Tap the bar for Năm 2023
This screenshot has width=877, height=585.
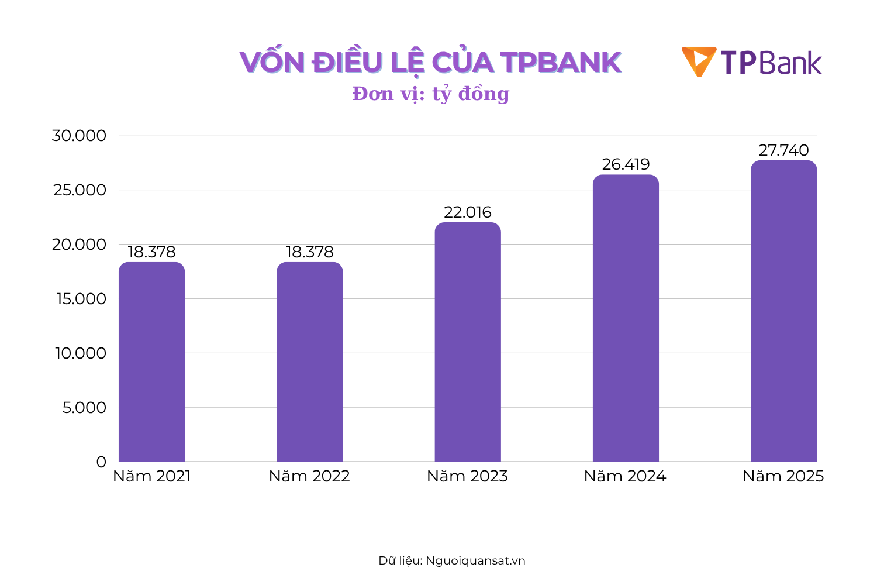point(468,342)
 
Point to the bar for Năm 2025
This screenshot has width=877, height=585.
point(783,311)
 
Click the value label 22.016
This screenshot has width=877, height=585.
point(468,212)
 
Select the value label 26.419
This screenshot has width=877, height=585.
point(626,164)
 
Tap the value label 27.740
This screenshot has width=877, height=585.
point(783,150)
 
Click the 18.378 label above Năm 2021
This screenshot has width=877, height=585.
point(151,252)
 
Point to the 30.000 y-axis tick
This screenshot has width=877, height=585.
point(80,136)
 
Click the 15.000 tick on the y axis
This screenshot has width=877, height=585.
point(81,299)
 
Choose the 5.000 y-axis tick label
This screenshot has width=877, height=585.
point(85,408)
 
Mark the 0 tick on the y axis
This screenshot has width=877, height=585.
point(101,462)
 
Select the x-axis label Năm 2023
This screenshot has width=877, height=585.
point(468,476)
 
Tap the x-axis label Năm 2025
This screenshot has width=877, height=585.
point(783,476)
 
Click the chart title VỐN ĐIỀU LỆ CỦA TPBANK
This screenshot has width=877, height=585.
point(430,63)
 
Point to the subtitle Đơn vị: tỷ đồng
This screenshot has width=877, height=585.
point(430,94)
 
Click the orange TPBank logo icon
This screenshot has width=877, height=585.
point(699,61)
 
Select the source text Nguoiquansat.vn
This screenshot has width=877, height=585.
point(475,560)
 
